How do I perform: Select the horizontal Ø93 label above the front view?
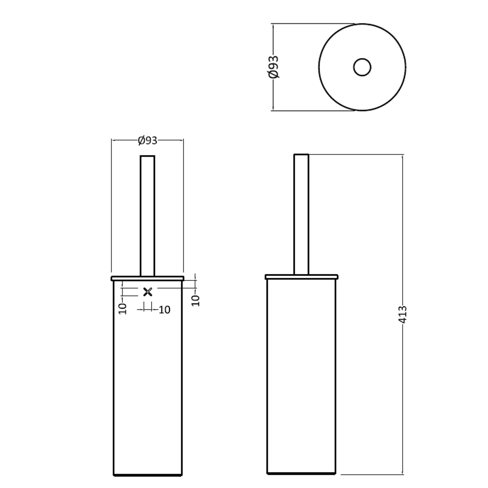[148, 140]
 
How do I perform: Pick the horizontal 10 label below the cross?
[164, 310]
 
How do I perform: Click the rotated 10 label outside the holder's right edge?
[196, 301]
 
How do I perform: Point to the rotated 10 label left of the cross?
[122, 309]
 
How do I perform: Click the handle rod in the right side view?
[301, 215]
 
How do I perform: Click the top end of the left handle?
[148, 156]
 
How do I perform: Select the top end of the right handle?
[301, 154]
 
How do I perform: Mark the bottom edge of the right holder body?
[301, 474]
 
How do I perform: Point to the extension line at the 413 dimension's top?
[354, 154]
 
